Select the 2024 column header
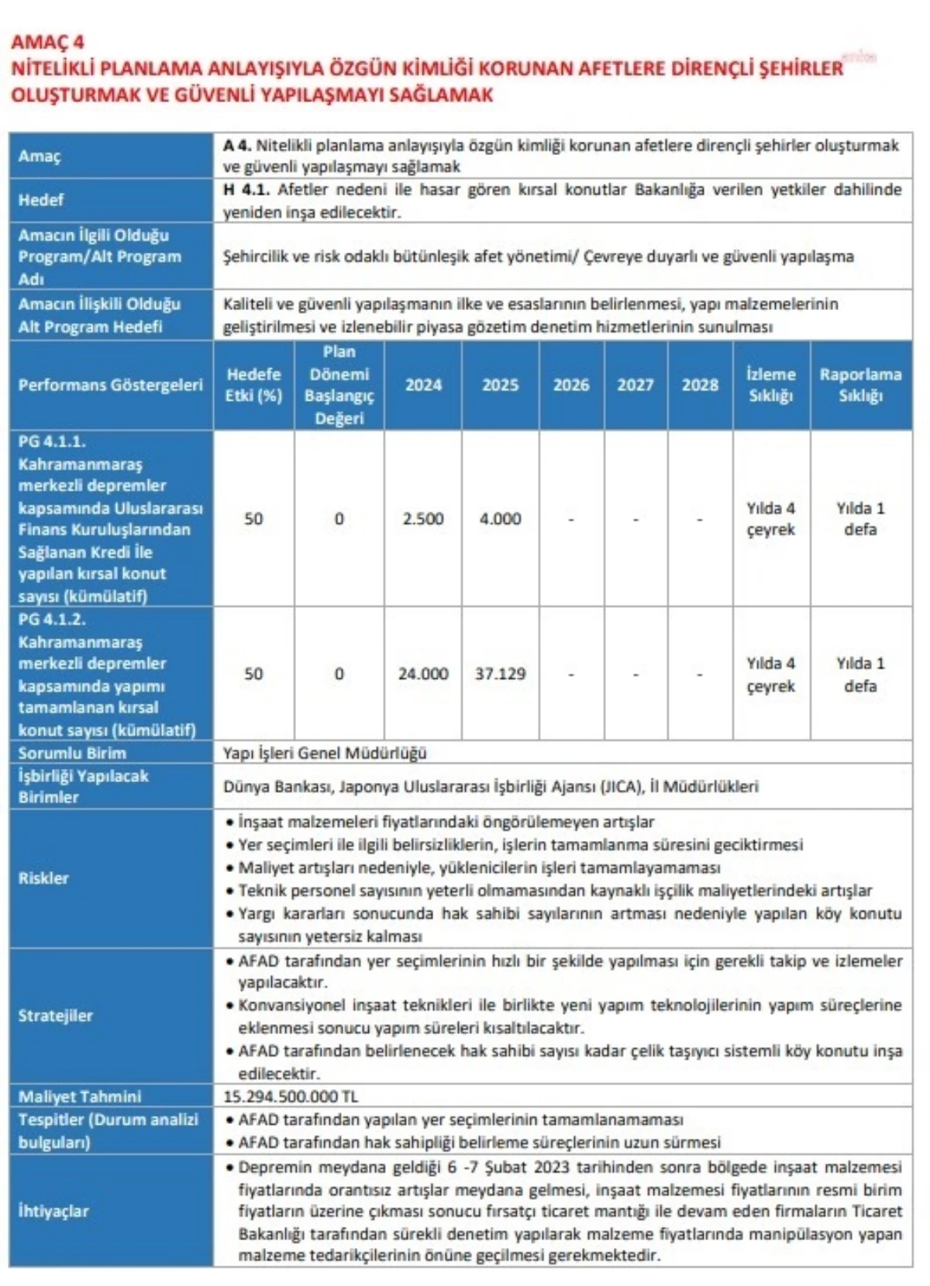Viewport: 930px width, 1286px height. click(423, 384)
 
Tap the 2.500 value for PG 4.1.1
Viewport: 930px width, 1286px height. click(423, 519)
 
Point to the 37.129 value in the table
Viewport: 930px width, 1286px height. click(501, 674)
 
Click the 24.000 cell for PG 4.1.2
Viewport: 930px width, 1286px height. click(423, 674)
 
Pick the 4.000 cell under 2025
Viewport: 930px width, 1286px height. click(501, 519)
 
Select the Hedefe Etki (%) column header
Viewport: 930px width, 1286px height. click(253, 384)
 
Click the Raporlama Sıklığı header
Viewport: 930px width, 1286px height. click(860, 384)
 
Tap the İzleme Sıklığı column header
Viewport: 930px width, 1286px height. click(770, 384)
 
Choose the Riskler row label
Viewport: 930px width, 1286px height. click(43, 878)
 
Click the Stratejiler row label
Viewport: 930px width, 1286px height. click(55, 1015)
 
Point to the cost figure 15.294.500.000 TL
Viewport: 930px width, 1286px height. click(291, 1096)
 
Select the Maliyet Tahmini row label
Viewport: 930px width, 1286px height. click(80, 1096)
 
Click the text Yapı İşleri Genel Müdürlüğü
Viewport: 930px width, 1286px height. click(325, 753)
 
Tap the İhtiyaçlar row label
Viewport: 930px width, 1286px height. click(53, 1211)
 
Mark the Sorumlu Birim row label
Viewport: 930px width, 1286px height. click(72, 753)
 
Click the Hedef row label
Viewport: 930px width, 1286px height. click(41, 200)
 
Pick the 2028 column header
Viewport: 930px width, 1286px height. click(700, 384)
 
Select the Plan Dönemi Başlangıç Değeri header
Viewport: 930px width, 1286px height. click(339, 384)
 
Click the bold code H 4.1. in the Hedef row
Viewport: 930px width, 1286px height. click(246, 190)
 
